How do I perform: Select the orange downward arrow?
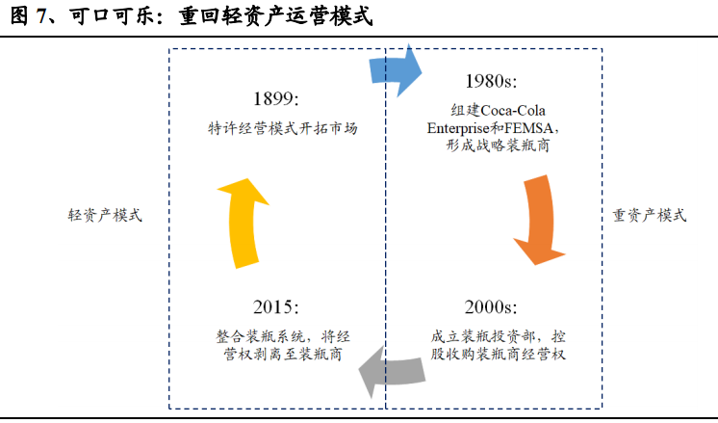click(x=540, y=220)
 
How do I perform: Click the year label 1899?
click(x=276, y=98)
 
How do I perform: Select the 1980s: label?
click(x=491, y=81)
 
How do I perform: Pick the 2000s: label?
click(x=491, y=306)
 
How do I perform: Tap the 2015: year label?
click(x=276, y=306)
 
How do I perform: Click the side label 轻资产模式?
click(x=105, y=215)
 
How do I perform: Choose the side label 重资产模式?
click(x=650, y=215)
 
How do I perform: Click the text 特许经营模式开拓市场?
click(x=283, y=128)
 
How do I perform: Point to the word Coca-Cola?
click(x=513, y=111)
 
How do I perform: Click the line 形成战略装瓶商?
click(x=498, y=145)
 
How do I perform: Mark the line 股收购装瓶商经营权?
click(x=499, y=354)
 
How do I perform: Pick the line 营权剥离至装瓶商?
click(x=283, y=354)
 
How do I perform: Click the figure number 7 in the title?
click(x=42, y=16)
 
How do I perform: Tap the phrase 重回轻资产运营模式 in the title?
click(x=275, y=16)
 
